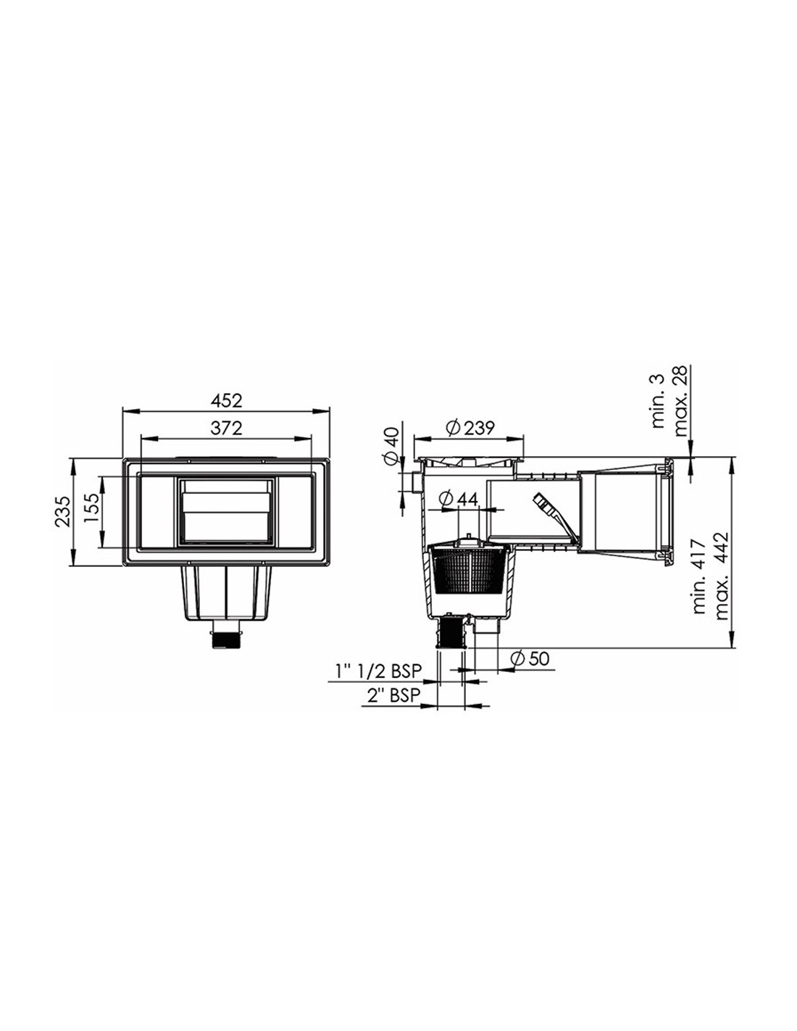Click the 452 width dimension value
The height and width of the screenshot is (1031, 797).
(x=226, y=401)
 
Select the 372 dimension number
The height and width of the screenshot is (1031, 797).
(x=226, y=428)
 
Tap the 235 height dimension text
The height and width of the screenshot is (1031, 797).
(x=62, y=511)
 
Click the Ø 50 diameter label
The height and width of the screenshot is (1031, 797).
(x=530, y=658)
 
